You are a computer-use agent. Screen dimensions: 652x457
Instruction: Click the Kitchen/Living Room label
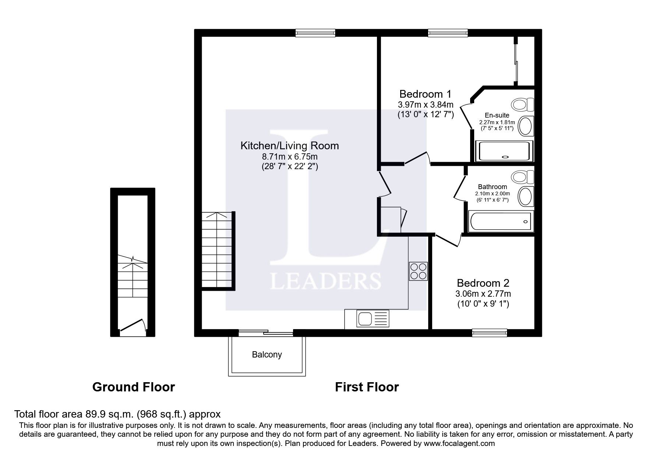pyautogui.click(x=289, y=146)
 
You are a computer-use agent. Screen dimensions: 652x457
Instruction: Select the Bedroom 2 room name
pyautogui.click(x=483, y=283)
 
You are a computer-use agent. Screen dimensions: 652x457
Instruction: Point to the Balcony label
pyautogui.click(x=267, y=355)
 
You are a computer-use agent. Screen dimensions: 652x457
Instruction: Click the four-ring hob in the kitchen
pyautogui.click(x=418, y=271)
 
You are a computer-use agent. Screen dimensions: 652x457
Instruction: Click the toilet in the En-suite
pyautogui.click(x=523, y=105)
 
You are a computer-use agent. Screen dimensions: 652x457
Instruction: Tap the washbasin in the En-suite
pyautogui.click(x=526, y=126)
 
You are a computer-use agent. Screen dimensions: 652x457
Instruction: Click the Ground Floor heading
pyautogui.click(x=133, y=387)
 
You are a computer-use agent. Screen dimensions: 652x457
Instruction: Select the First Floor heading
pyautogui.click(x=367, y=387)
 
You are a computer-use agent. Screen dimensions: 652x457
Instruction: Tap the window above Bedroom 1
pyautogui.click(x=448, y=33)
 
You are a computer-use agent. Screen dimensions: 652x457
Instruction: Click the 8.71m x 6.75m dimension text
pyautogui.click(x=289, y=157)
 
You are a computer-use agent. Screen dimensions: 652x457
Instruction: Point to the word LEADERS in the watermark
pyautogui.click(x=325, y=281)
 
